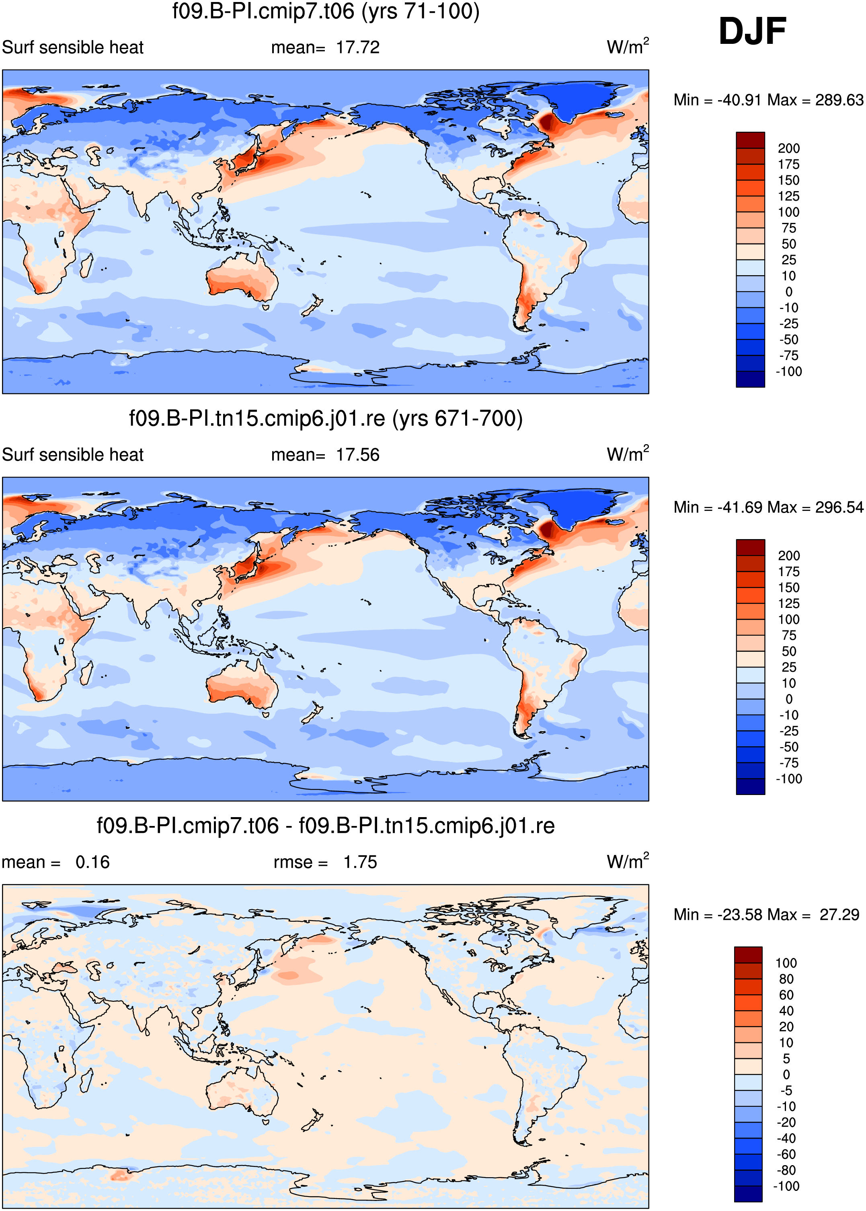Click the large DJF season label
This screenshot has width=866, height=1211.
[752, 31]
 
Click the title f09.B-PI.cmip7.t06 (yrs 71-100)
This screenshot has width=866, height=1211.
[326, 11]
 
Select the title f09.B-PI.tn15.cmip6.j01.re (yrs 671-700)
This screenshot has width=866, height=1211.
[326, 418]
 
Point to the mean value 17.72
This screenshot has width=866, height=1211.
[358, 47]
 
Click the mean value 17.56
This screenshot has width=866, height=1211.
[358, 455]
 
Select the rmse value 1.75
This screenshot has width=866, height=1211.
[360, 862]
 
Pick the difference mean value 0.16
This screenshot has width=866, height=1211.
[92, 862]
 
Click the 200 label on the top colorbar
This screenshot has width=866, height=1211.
[789, 148]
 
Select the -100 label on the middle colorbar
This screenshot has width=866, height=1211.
[789, 779]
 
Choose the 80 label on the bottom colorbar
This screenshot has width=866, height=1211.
[786, 979]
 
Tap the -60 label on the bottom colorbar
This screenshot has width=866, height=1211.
[786, 1154]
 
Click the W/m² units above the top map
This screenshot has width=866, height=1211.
[628, 46]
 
